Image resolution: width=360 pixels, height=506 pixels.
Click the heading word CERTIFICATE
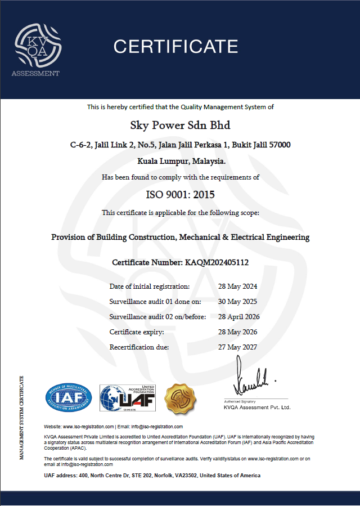176,46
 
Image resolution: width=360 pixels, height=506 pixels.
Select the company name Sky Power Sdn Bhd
180,124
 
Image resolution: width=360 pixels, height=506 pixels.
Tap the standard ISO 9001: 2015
180,195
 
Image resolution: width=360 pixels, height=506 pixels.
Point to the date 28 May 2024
237,286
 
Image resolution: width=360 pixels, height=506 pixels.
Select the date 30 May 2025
237,302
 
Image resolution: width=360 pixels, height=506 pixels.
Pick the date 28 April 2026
238,317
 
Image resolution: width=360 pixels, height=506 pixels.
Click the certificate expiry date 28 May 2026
237,332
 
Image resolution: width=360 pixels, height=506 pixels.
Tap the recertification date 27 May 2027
237,347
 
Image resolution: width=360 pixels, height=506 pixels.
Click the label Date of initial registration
149,286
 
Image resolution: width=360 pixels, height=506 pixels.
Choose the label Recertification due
139,347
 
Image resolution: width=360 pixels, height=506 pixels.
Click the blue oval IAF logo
67,398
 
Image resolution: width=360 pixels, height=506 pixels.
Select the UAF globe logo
128,398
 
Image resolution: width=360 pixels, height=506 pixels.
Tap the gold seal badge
180,398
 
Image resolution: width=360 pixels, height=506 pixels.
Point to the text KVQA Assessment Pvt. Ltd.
256,407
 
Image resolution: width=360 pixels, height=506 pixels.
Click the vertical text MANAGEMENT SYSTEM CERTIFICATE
22,417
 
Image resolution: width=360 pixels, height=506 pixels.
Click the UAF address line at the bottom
152,476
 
